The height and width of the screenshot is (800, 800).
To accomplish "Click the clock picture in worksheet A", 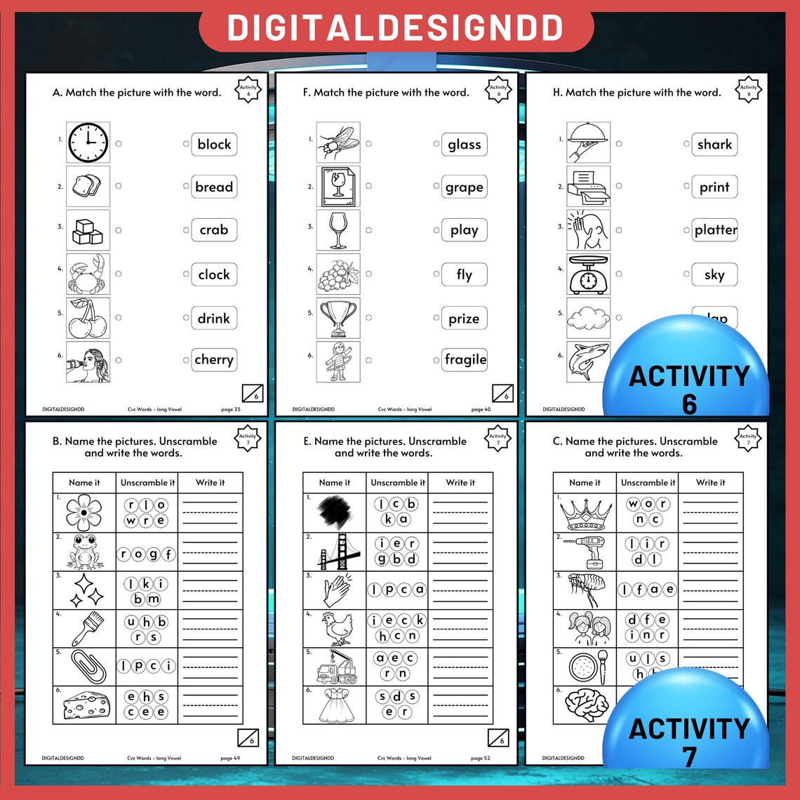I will (x=88, y=143).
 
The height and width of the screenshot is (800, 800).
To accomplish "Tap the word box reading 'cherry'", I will (x=214, y=360).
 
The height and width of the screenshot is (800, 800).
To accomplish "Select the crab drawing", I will (x=88, y=274).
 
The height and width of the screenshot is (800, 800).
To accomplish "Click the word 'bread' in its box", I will (x=214, y=187).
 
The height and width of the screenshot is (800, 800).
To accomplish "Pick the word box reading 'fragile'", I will (x=465, y=360).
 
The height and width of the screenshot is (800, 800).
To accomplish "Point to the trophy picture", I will (x=338, y=318).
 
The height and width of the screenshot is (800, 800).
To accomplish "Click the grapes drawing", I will (x=338, y=274).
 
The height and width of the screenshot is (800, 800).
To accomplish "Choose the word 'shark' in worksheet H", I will (x=714, y=145).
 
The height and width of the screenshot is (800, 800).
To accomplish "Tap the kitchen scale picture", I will (x=588, y=274).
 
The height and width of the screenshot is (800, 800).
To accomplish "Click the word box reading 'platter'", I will (x=715, y=230).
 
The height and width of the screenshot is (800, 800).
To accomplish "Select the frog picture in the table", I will (x=84, y=551).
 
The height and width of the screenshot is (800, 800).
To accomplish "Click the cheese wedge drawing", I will (x=84, y=705).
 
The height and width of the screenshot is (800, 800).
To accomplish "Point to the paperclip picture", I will (x=84, y=667).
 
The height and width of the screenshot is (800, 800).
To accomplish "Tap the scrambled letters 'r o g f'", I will (x=147, y=554).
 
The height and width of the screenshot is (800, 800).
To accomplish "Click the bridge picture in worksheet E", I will (x=335, y=551).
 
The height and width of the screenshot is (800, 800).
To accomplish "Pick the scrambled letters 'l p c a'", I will (x=397, y=590).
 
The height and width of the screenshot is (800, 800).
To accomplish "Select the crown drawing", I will (x=585, y=513).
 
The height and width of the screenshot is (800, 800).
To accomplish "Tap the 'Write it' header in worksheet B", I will (x=211, y=483).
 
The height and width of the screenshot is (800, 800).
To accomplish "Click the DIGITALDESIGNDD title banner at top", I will (x=396, y=28).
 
